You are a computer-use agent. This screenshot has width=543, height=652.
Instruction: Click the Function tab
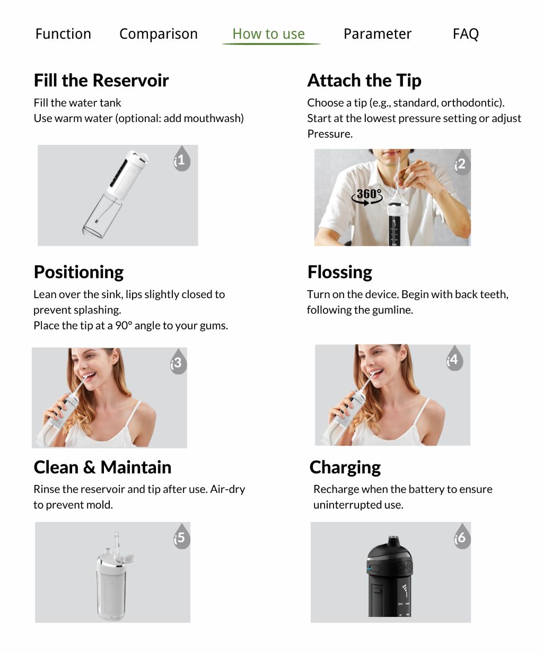[63, 34]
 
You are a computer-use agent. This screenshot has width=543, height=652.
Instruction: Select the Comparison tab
[158, 34]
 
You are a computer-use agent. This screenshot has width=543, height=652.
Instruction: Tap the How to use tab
[269, 34]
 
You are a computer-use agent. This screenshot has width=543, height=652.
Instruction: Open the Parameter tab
[377, 34]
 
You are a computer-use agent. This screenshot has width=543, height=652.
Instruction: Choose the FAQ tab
[466, 34]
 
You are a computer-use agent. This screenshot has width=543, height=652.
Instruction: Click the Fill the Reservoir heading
[101, 81]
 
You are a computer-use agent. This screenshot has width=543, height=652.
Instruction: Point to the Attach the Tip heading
[364, 81]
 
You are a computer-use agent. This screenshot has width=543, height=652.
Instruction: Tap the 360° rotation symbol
[367, 196]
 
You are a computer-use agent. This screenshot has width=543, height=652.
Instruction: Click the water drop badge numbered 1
[181, 159]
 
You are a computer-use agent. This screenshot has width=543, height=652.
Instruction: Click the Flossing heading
[340, 272]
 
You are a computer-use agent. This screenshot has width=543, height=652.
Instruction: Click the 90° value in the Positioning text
[122, 326]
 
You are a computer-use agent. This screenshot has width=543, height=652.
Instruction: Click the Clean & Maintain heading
[102, 467]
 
